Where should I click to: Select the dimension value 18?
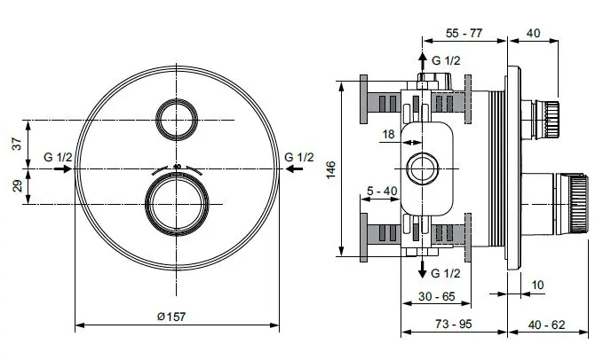388,134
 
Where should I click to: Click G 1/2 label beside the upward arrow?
446,59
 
